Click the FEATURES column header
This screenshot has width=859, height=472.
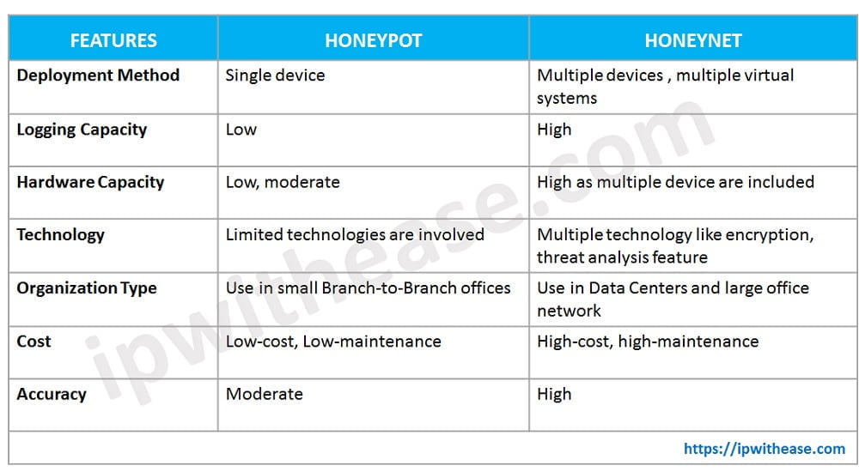(113, 40)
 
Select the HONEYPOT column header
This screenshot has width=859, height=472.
(373, 40)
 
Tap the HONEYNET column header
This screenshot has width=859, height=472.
(692, 40)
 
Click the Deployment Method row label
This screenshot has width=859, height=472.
(98, 76)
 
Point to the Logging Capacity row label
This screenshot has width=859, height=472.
(82, 130)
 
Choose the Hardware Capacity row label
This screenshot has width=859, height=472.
(90, 182)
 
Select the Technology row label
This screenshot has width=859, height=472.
(60, 234)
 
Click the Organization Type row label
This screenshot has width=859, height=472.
(87, 288)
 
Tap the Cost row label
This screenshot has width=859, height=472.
(34, 341)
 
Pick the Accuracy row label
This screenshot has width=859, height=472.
(52, 394)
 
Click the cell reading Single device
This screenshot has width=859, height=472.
(275, 76)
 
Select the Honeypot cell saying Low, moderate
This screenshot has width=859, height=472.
(283, 182)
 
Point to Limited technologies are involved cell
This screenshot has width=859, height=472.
(355, 234)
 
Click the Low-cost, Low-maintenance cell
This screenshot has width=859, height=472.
(333, 341)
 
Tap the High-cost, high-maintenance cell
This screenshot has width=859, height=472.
(648, 341)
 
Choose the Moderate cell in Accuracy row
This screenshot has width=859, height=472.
(264, 394)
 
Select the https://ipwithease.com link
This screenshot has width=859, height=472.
(765, 448)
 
